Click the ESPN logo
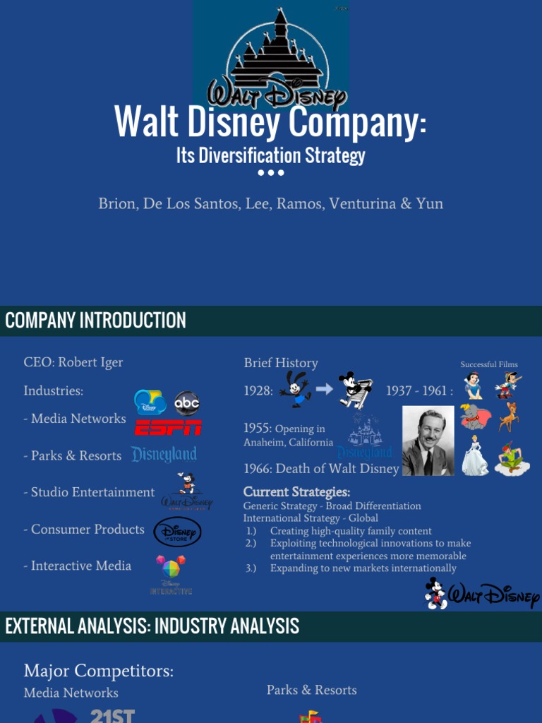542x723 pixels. (168, 427)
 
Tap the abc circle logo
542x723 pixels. (187, 403)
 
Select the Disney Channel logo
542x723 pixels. (150, 402)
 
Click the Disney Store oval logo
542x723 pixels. (177, 532)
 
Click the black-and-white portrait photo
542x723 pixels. (428, 441)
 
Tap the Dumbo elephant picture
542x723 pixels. (473, 416)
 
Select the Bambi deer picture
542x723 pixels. (507, 417)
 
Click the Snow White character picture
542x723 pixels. (473, 386)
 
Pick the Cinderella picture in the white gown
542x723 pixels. (474, 455)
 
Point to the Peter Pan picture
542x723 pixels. (511, 458)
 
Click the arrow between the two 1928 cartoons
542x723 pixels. (324, 389)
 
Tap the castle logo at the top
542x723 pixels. (275, 56)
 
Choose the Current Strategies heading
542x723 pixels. (296, 492)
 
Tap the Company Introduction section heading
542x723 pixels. (95, 321)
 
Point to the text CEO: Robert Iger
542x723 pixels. (73, 362)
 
